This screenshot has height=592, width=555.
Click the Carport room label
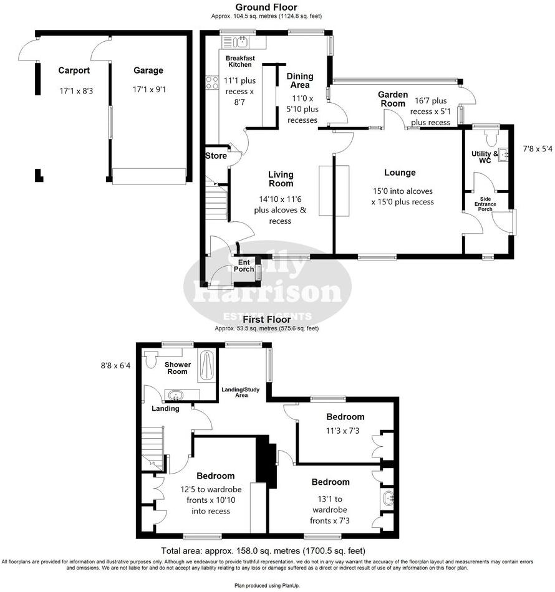point(74,70)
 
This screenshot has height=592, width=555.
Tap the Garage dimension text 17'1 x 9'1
point(149,90)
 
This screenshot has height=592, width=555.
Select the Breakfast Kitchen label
point(239,61)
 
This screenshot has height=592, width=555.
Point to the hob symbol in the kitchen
point(212,82)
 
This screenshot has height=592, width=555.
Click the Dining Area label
point(300,80)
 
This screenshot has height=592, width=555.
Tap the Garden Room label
point(393,98)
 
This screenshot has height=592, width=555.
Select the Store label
point(216,156)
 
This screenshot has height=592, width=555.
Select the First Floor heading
point(266,320)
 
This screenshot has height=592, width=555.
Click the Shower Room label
point(176,368)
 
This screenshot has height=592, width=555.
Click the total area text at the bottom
point(263,551)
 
